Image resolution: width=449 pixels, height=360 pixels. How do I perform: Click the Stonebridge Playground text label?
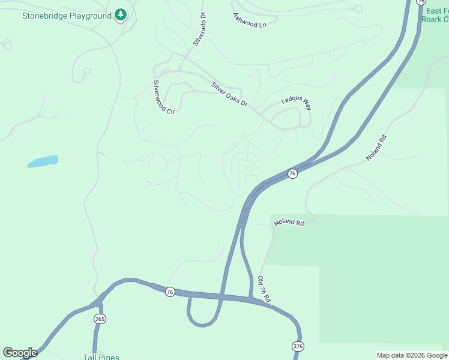[67, 15]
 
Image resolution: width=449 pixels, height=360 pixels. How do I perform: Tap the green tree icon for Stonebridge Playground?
[121, 14]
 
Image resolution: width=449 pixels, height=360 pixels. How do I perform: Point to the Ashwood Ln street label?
[249, 21]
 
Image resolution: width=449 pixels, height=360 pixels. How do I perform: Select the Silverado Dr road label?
[199, 29]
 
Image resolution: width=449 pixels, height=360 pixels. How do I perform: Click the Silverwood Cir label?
[163, 97]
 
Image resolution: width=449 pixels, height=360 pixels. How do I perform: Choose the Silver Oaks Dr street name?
[229, 95]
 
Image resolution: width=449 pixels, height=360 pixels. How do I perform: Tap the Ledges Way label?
[297, 103]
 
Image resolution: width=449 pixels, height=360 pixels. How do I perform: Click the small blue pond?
[43, 161]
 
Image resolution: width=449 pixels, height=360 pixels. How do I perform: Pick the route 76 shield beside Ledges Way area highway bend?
[292, 173]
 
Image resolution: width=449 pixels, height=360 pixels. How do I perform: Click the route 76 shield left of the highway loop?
[170, 292]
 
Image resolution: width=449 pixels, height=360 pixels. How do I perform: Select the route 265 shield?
[100, 319]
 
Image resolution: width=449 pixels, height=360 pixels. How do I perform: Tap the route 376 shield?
[298, 346]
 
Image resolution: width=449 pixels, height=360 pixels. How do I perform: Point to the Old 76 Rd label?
[265, 289]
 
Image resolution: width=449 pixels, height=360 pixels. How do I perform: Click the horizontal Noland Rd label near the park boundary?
[289, 222]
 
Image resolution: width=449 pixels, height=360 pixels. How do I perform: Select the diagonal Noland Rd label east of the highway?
[376, 148]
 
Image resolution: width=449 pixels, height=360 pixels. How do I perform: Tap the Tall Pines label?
[101, 357]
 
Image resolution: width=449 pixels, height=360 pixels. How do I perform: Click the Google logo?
[20, 353]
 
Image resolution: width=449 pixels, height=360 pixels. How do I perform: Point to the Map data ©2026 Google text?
[412, 355]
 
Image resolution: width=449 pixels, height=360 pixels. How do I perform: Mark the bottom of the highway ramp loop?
[202, 325]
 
